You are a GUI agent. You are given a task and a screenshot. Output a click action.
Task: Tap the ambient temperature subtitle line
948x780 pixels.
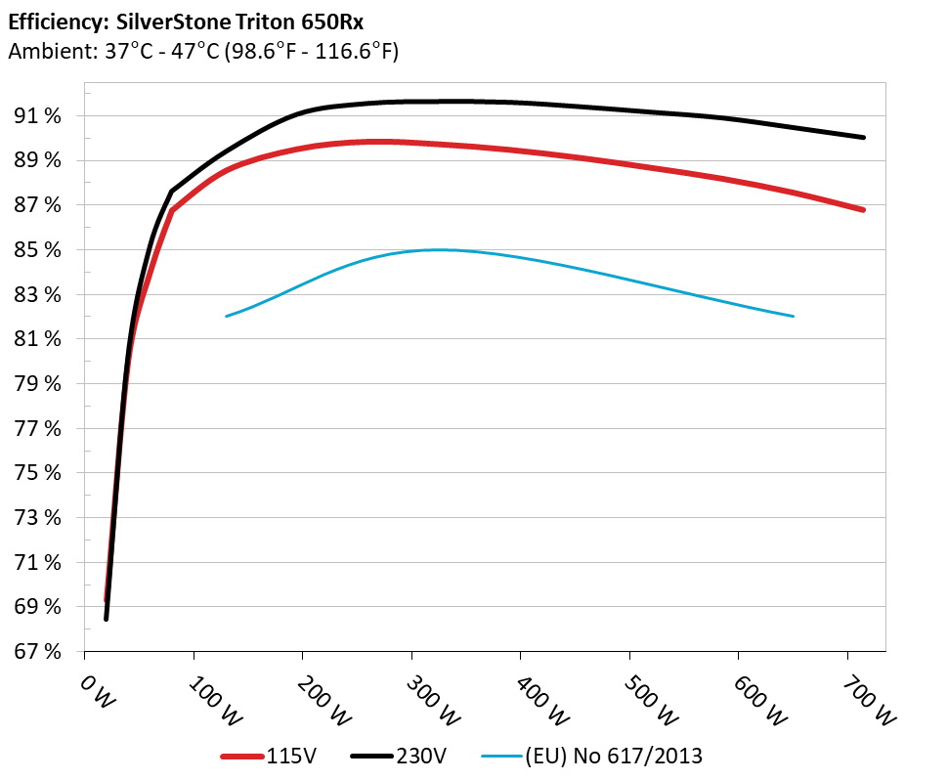tap(203, 52)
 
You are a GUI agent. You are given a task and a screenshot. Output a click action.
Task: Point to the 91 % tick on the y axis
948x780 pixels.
tap(40, 116)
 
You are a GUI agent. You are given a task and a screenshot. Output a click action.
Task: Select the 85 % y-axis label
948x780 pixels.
tap(40, 250)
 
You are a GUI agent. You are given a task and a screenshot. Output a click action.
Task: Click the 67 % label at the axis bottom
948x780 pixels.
tap(40, 652)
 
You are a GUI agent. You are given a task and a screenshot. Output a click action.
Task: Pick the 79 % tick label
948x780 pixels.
tap(40, 384)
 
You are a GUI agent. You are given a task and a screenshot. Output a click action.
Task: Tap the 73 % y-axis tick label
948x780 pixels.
tap(40, 518)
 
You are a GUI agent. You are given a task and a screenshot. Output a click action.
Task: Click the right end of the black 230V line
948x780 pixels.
tap(864, 138)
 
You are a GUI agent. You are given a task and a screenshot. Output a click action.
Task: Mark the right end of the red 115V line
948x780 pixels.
tap(864, 210)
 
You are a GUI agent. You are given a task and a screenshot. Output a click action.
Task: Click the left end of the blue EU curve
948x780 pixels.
tap(226, 316)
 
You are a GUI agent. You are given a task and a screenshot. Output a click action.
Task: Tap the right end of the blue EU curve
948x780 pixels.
tap(794, 316)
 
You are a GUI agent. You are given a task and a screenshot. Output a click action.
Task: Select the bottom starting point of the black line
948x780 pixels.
tap(106, 619)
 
